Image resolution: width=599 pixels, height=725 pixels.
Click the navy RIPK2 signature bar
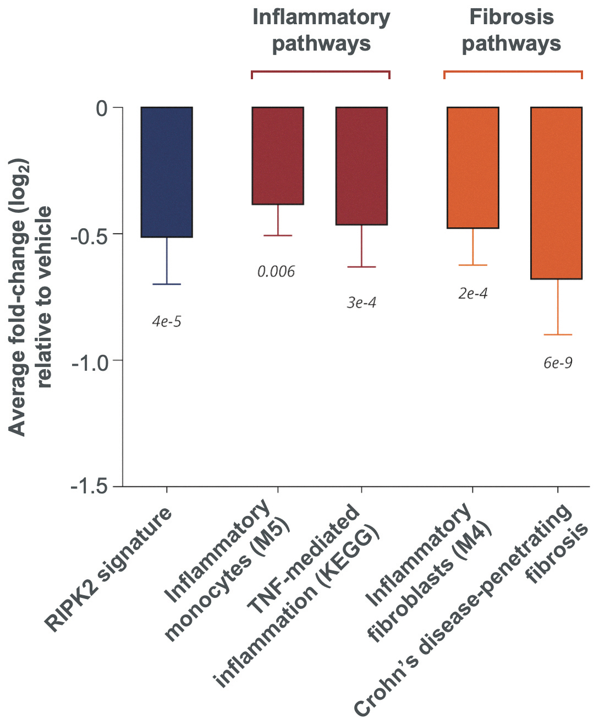tap(167, 172)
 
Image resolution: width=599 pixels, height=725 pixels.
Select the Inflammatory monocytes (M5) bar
tap(278, 156)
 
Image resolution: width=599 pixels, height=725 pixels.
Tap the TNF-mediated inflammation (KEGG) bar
tap(361, 166)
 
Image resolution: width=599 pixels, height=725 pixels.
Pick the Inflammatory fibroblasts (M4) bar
tap(473, 168)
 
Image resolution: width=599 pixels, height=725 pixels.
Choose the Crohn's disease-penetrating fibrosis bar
tap(556, 193)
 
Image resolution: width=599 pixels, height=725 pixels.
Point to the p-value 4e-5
tap(167, 322)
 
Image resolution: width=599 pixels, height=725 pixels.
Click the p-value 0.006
tap(276, 272)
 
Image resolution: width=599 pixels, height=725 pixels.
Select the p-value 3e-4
tap(361, 303)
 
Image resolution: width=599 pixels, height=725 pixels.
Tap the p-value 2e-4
tap(473, 294)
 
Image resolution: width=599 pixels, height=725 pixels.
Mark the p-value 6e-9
tap(558, 363)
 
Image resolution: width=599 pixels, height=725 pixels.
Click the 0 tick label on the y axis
tap(102, 109)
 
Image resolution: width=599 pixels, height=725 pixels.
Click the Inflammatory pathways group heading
tap(321, 30)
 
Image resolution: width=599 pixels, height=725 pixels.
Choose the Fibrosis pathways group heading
tap(512, 30)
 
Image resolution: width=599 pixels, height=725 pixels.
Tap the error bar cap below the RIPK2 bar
tap(167, 284)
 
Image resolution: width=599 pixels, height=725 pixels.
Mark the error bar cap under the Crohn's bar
tap(558, 335)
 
